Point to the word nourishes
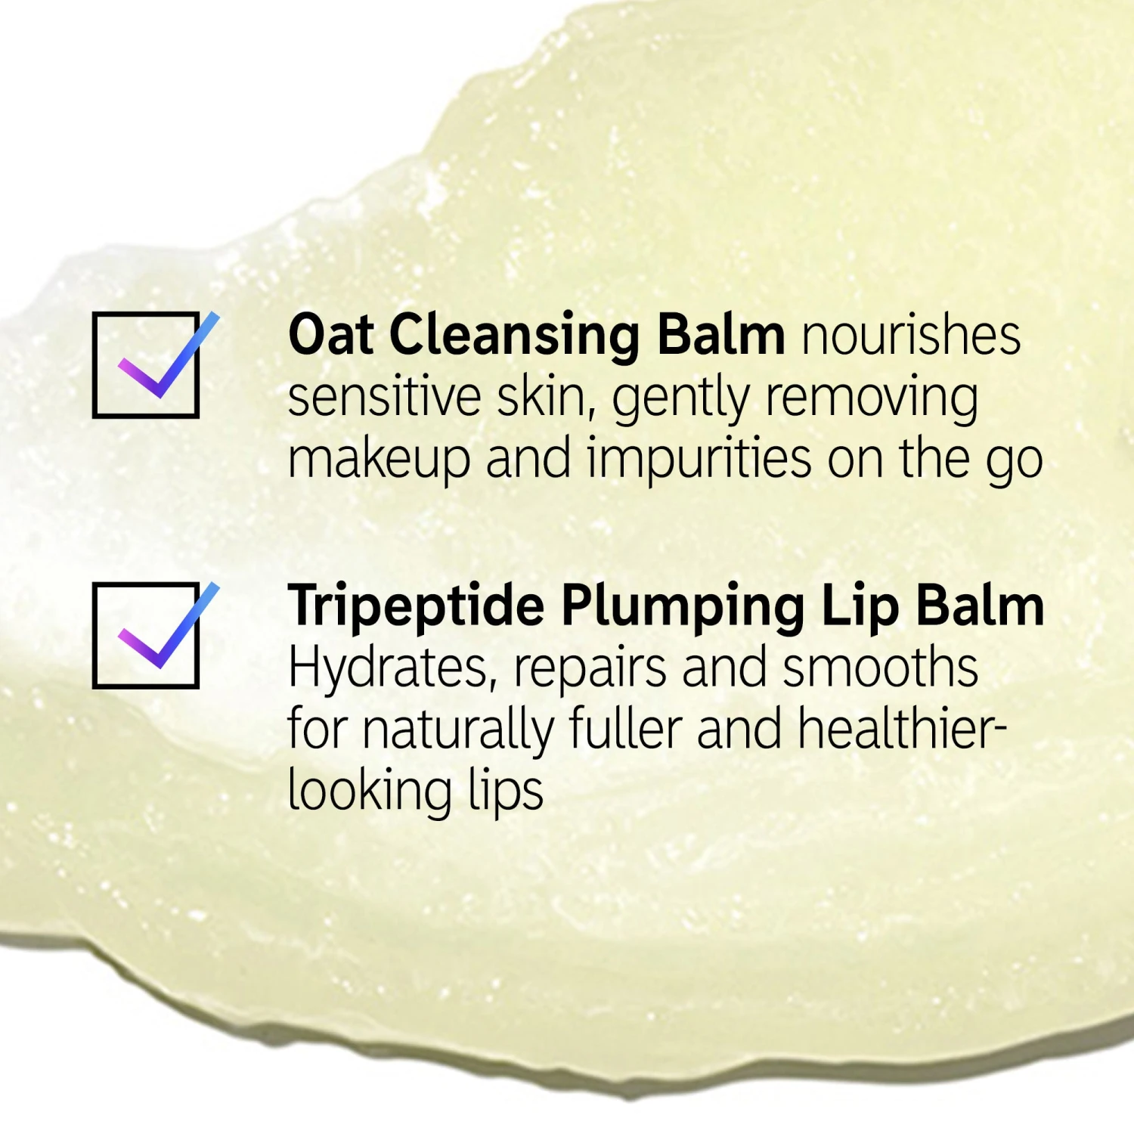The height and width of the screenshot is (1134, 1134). [x=911, y=334]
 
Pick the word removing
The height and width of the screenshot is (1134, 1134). [x=872, y=401]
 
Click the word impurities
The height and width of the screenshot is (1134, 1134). [x=699, y=461]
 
